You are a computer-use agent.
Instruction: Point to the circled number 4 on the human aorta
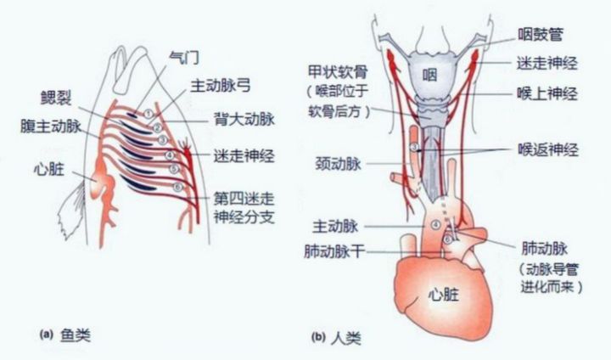[436, 225]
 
